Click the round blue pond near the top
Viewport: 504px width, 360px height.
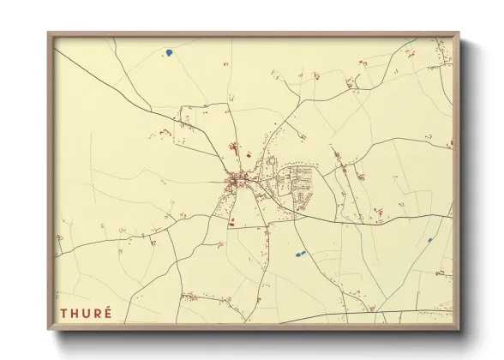tap(169, 52)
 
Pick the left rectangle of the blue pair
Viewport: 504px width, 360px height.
tap(297, 255)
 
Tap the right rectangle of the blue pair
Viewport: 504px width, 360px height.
tap(303, 253)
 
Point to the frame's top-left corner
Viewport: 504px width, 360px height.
tap(49, 33)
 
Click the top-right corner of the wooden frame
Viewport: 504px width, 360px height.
tap(459, 33)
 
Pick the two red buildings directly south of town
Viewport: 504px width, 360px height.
tap(233, 220)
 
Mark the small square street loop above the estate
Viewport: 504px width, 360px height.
tap(272, 160)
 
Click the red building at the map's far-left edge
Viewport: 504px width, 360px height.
tap(59, 237)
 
